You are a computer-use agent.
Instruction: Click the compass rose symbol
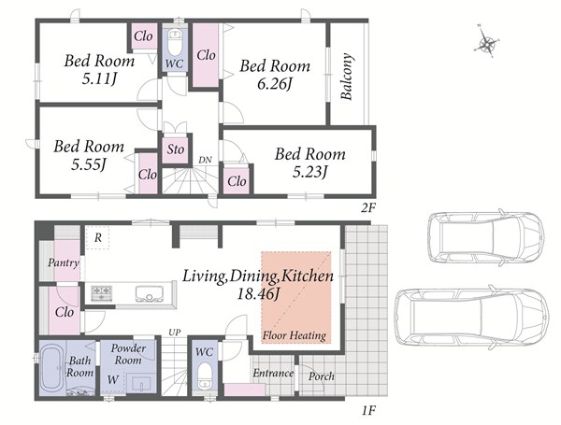point(486,41)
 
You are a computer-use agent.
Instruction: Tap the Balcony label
point(347,77)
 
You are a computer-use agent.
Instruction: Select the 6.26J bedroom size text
point(275,84)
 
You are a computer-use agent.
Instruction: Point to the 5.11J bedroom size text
point(100,79)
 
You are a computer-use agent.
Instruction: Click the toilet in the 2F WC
point(175,41)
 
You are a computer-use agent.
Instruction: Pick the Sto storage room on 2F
point(176,149)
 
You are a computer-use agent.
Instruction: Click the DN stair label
point(206,160)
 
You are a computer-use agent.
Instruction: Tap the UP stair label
point(175,333)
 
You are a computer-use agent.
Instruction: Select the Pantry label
point(64,263)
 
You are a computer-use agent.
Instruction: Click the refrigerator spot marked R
point(97,237)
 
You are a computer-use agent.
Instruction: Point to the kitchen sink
point(150,294)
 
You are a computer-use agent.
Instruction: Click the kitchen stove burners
point(102,292)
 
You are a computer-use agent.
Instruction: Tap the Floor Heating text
point(295,335)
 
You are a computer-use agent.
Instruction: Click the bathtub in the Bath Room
point(52,368)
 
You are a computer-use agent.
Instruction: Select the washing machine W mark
point(113,379)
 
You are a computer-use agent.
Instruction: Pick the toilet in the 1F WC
point(205,376)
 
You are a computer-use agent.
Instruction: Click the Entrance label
point(273,374)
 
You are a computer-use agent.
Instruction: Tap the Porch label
point(322,376)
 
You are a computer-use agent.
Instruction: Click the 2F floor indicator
point(367,208)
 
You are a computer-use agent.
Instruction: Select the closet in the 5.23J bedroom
point(237,180)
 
